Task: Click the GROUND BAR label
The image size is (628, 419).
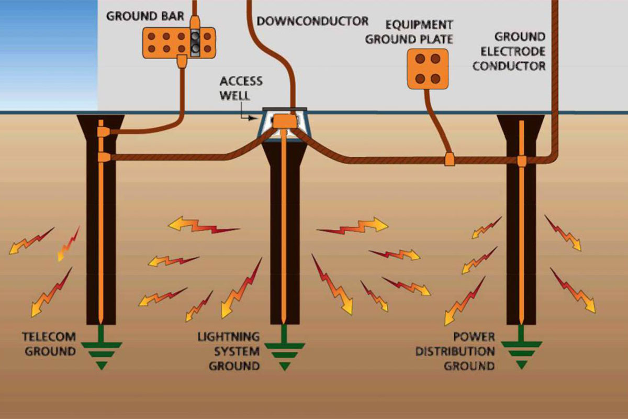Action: (145, 16)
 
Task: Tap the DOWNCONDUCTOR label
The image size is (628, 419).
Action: (312, 21)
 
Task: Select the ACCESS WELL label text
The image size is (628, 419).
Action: (241, 89)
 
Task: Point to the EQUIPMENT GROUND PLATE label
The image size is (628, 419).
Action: (409, 32)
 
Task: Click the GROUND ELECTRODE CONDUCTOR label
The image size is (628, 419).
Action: (509, 52)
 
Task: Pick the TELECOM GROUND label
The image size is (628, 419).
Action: (49, 344)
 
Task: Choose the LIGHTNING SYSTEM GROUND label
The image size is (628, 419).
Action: (229, 351)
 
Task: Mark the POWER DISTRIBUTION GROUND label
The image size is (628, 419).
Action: (455, 351)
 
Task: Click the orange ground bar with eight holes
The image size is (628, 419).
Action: (179, 42)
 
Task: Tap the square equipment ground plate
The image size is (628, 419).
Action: (428, 69)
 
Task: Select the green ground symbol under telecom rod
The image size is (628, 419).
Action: (102, 347)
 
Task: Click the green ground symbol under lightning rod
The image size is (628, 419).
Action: (285, 347)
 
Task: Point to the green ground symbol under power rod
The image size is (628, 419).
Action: (521, 347)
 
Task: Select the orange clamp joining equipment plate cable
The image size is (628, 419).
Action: (450, 159)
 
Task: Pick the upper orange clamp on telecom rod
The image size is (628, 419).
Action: (104, 131)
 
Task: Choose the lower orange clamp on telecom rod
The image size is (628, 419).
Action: (104, 158)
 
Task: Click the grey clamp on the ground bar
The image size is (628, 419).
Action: (195, 42)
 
